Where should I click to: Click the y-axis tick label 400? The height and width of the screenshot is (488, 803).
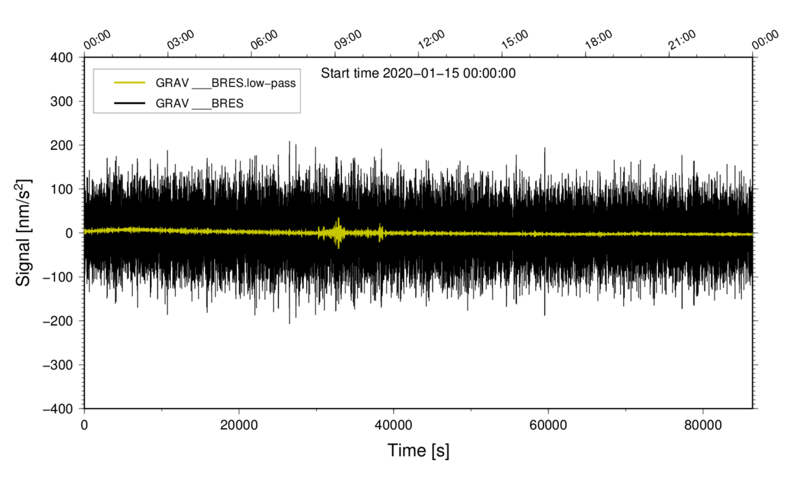point(61,57)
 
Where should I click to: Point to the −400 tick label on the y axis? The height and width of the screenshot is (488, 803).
point(58,409)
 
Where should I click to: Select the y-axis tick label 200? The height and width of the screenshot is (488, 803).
point(61,145)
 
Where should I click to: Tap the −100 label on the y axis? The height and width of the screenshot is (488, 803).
point(58,277)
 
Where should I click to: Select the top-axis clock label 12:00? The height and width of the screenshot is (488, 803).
point(431,40)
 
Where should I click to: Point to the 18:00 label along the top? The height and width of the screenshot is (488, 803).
point(599,40)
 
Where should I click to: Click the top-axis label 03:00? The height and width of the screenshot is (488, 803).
point(181,40)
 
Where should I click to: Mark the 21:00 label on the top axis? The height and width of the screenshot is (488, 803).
point(682,40)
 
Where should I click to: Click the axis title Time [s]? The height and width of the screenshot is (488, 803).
point(419,451)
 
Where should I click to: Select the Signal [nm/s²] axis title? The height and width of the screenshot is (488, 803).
point(24,233)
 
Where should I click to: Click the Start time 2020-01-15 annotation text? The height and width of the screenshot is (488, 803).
point(418,73)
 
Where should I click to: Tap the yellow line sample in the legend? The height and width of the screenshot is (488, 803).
point(129,83)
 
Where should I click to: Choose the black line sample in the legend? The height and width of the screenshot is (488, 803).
point(129,102)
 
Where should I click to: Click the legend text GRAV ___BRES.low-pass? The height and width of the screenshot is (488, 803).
point(226,83)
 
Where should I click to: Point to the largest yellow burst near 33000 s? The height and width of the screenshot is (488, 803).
point(338,233)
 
